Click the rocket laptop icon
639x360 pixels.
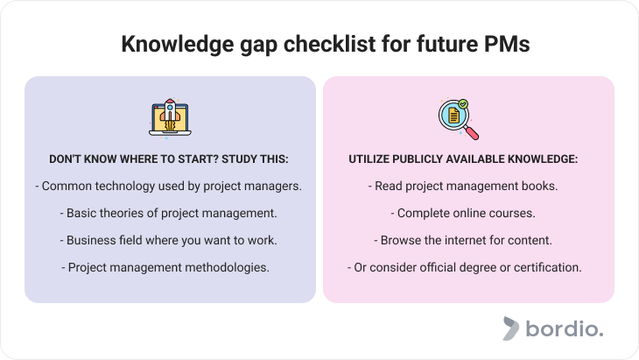[x=170, y=118]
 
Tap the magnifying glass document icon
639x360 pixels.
[x=459, y=119]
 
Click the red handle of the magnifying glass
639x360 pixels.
[x=473, y=133]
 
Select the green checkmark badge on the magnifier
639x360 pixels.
[x=463, y=104]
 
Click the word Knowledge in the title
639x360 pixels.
[x=178, y=44]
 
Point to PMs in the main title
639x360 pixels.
[x=507, y=44]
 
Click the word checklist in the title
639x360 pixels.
[x=329, y=44]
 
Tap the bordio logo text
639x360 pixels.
[x=565, y=328]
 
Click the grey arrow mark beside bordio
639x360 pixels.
[x=510, y=328]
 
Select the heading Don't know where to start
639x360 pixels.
[x=169, y=159]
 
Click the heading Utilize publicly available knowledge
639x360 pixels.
[x=463, y=159]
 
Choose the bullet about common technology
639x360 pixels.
[x=168, y=187]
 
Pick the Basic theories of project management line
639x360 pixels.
[x=168, y=213]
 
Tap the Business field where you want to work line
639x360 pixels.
[x=168, y=240]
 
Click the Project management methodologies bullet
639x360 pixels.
[x=165, y=267]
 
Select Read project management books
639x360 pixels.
[x=463, y=187]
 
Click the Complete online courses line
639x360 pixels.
[x=463, y=213]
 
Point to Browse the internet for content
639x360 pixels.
[x=463, y=240]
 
